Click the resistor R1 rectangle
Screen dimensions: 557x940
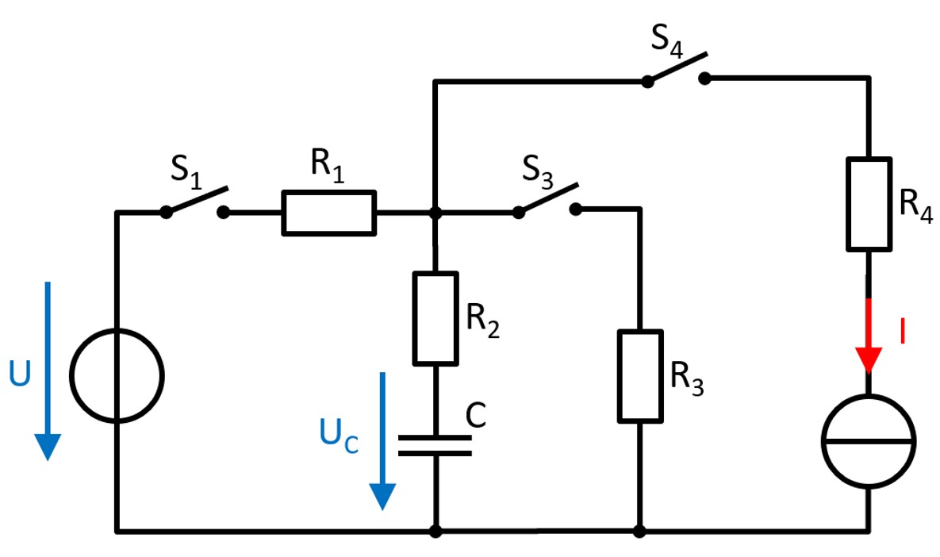(x=328, y=213)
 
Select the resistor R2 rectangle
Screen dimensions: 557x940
(x=435, y=317)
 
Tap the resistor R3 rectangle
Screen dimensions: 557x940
(x=639, y=376)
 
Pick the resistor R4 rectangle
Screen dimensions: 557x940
(x=869, y=204)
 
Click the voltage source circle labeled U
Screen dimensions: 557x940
(x=117, y=374)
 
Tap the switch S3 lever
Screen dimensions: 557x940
(x=547, y=199)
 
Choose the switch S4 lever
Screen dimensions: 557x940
(x=677, y=68)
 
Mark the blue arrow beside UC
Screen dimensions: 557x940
(x=383, y=440)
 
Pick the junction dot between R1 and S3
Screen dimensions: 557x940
(x=435, y=213)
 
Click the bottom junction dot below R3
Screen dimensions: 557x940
(x=639, y=530)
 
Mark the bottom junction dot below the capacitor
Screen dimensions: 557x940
(x=435, y=530)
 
